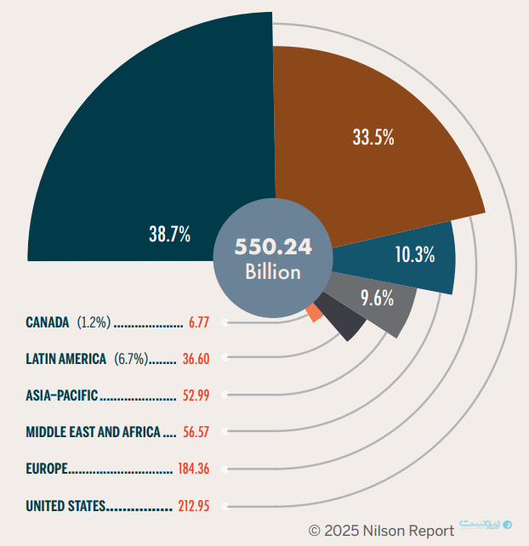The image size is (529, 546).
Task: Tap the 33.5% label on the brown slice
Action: click(x=373, y=137)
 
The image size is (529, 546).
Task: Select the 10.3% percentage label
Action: click(x=415, y=253)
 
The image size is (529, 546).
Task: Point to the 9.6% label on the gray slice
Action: click(x=377, y=299)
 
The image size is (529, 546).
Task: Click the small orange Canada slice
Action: click(x=316, y=312)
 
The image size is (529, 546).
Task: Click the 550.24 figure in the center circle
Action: click(x=274, y=247)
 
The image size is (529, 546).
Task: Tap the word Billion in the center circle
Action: click(x=274, y=272)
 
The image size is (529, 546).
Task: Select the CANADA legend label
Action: click(x=48, y=322)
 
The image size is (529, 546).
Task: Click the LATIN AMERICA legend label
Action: click(x=65, y=359)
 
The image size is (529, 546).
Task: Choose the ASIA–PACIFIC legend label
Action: click(x=62, y=395)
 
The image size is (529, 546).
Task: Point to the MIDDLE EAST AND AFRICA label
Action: click(x=93, y=432)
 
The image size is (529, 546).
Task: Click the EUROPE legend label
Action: click(x=47, y=469)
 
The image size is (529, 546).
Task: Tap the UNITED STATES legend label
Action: click(x=65, y=506)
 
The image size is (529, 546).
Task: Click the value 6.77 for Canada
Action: click(x=199, y=323)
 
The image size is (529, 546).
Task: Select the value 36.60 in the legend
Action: click(x=196, y=359)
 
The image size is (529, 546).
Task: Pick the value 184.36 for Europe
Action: click(x=193, y=469)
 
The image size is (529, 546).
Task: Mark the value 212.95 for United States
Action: click(x=193, y=506)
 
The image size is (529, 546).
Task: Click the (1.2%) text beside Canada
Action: click(x=94, y=322)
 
